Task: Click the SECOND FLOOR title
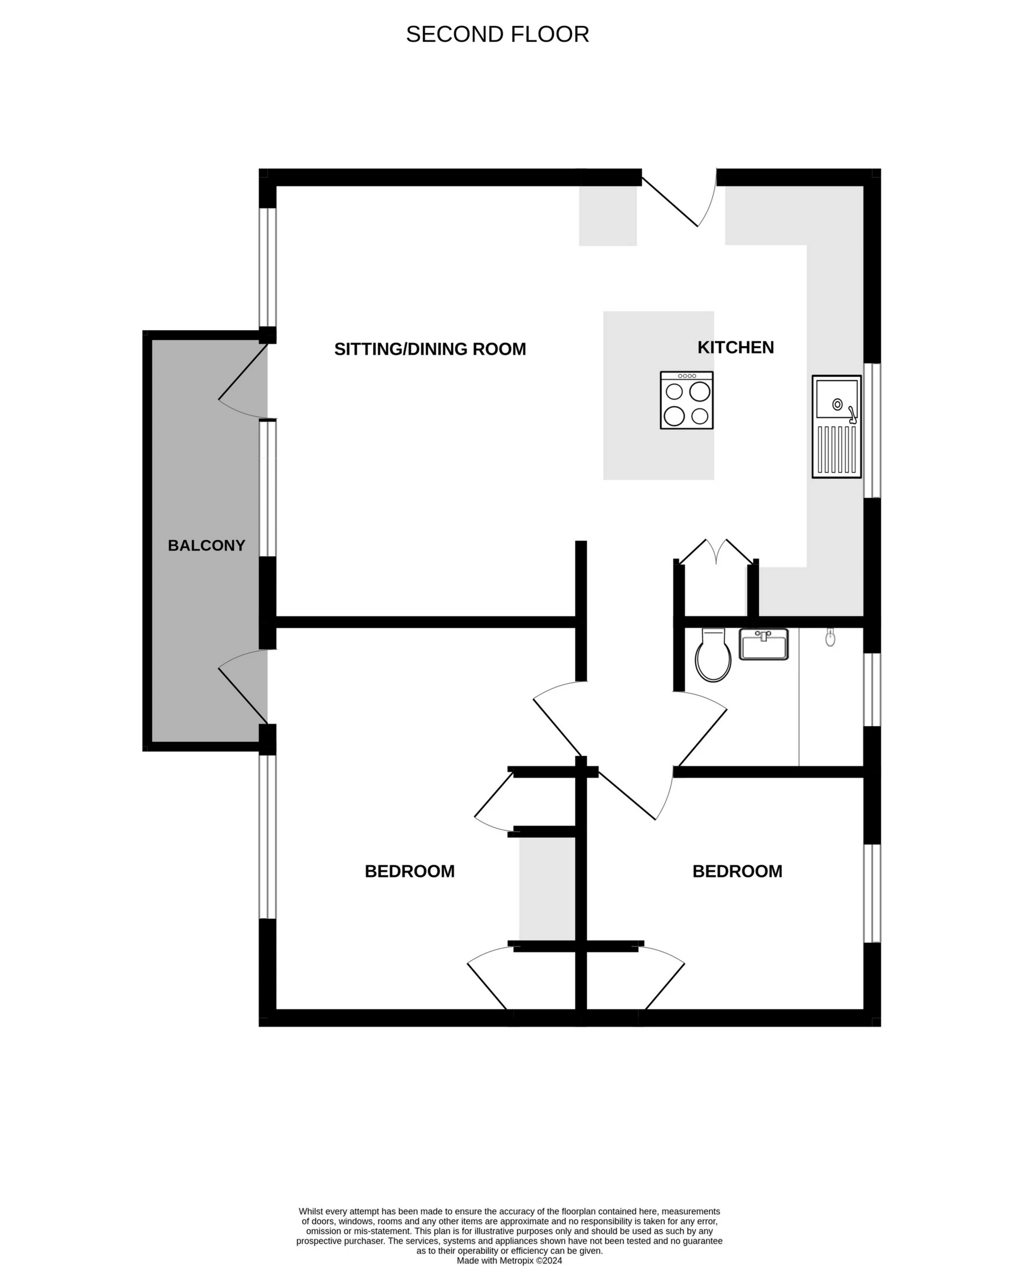coord(497,35)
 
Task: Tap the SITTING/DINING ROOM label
coord(430,349)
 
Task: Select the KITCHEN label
coord(735,348)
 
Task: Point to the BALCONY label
coord(206,546)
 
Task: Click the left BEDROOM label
coord(409,872)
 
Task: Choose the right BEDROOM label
coord(737,872)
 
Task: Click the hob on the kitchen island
coord(686,400)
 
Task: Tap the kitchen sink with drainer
coord(836,426)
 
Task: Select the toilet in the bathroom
coord(713,656)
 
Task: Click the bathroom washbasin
coord(763,644)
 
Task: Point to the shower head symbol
coord(830,638)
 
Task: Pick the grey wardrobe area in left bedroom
coord(547,889)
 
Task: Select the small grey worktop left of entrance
coord(608,216)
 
